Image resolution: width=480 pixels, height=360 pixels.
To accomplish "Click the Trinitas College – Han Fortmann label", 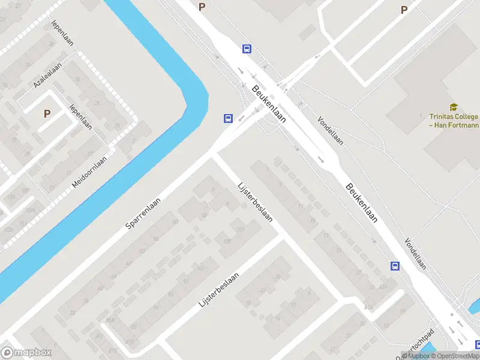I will coord(454,121).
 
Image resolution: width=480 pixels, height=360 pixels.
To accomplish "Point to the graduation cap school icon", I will coord(453,107).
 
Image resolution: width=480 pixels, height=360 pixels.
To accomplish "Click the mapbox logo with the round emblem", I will coord(26,353).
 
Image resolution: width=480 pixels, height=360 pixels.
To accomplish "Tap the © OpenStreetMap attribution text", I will coord(449,356).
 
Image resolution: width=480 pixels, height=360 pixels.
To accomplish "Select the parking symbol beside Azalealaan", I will coord(47,113).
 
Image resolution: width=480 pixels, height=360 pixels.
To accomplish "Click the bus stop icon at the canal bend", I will coord(228,118).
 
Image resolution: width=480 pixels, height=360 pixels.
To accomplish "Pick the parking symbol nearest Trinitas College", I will coord(404,10).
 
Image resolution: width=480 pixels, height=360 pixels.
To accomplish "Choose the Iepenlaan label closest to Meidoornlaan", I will coord(80,116).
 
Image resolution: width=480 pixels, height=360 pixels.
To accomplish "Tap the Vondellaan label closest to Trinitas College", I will coord(331,130).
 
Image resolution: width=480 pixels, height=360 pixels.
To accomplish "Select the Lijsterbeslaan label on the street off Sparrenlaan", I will coord(255,202).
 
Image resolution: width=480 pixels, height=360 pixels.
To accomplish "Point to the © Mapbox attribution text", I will coord(413,356).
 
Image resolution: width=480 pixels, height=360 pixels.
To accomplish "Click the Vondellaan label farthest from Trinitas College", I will coord(415,253).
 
